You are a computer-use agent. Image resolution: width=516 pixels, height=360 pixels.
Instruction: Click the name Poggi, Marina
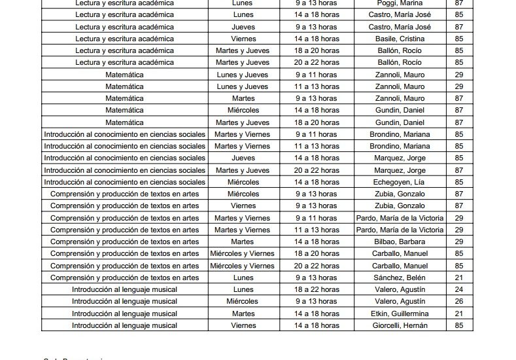[399, 3]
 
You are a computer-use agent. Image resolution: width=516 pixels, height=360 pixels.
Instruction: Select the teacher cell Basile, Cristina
[399, 39]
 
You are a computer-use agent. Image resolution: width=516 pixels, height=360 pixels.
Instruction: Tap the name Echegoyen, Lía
[399, 182]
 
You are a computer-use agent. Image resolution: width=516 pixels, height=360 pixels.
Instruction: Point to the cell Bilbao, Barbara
[399, 242]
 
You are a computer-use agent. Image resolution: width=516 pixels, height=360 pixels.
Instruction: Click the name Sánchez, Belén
[399, 278]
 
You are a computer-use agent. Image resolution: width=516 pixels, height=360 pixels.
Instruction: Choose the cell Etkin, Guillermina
[399, 314]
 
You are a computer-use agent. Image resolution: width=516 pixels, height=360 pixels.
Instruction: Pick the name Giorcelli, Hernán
[399, 325]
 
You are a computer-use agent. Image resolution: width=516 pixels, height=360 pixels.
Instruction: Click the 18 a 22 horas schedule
[317, 289]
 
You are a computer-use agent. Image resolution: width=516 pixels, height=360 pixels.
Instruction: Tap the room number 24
[458, 289]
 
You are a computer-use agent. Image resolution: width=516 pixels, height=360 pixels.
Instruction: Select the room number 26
[458, 301]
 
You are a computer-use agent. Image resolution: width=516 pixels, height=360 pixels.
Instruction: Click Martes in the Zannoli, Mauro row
[242, 98]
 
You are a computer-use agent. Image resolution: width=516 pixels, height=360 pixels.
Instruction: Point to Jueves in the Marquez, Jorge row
[242, 158]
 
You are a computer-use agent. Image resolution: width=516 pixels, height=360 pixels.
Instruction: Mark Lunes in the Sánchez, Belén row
[242, 278]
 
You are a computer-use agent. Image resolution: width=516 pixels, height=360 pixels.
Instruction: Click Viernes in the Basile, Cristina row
[242, 39]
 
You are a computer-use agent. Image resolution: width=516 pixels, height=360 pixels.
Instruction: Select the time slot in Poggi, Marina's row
[317, 3]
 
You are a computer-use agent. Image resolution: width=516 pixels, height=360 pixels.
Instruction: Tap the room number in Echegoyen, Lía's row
[458, 182]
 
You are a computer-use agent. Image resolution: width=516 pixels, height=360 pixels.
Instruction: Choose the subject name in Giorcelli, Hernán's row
[124, 325]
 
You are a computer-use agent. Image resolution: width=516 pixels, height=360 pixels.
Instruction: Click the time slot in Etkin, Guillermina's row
[317, 314]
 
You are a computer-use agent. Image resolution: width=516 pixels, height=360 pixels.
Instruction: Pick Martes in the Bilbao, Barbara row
[242, 242]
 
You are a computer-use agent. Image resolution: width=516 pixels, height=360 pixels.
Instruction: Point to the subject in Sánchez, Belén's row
[124, 278]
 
